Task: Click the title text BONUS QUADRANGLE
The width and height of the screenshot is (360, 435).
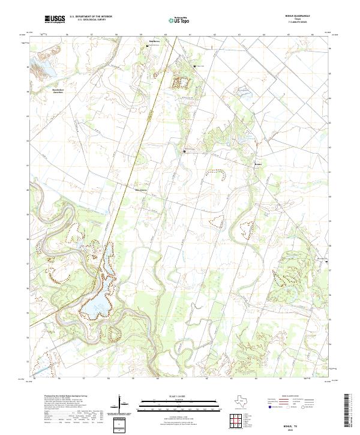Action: point(302,16)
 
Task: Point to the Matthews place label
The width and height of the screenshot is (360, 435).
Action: point(155,41)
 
